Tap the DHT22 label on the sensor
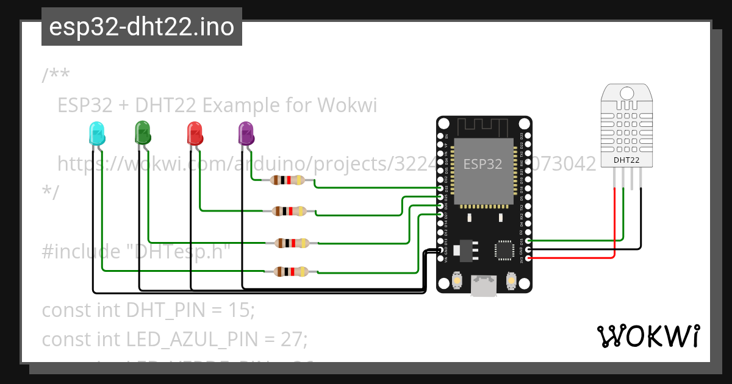coord(626,160)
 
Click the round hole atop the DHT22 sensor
coord(626,93)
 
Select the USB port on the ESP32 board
coord(484,286)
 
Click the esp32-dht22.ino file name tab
coord(142,27)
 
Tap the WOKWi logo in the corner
coord(648,336)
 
